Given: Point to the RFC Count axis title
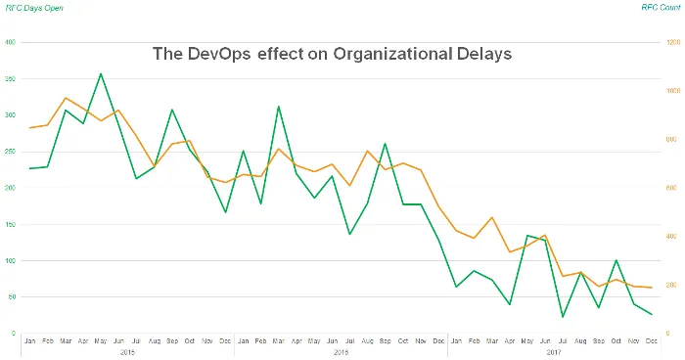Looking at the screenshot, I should click(x=658, y=8).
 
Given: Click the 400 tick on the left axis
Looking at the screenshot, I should click(x=10, y=43).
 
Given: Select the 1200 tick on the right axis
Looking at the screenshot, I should click(x=672, y=43).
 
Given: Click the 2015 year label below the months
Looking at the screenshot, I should click(x=127, y=351).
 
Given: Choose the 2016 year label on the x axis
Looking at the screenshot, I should click(x=341, y=351).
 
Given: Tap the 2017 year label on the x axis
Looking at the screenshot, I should click(x=554, y=351).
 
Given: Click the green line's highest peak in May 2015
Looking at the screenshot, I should click(x=101, y=73).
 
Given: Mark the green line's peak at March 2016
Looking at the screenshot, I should click(x=279, y=107).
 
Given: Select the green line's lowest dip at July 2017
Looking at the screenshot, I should click(x=563, y=317).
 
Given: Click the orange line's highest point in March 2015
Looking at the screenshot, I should click(x=65, y=98).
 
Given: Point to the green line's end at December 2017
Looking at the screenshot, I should click(x=652, y=314).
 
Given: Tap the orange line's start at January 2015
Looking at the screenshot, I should click(x=29, y=127).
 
